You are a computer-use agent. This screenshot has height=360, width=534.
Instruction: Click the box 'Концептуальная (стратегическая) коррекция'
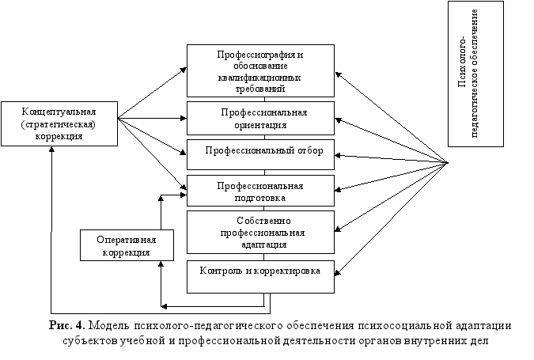tap(59, 123)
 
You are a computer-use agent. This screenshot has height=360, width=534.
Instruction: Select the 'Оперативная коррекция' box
tap(126, 245)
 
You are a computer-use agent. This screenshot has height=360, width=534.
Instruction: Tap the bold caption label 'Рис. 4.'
tap(67, 325)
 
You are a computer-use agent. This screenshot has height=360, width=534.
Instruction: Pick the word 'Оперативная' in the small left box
tap(127, 240)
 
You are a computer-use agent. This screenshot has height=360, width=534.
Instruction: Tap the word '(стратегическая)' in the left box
tap(59, 123)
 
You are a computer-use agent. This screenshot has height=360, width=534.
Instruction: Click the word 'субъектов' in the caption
tap(86, 342)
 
